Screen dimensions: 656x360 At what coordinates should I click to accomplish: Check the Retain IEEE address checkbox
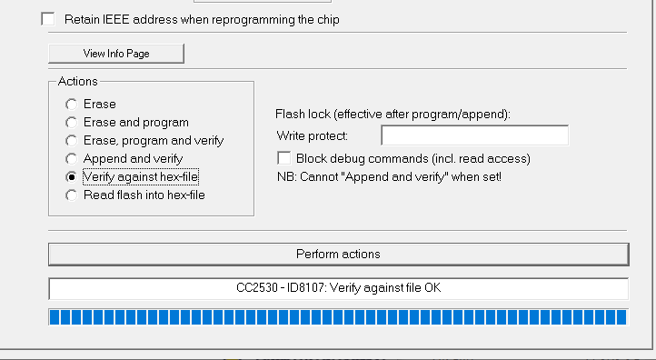point(48,19)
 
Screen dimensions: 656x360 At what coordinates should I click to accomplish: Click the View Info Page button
point(116,54)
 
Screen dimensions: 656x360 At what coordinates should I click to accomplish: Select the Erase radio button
point(71,105)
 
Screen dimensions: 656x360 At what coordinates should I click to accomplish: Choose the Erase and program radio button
point(71,123)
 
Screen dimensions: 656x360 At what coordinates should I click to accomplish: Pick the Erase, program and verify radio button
point(71,141)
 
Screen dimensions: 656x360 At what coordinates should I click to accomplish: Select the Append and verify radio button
point(71,159)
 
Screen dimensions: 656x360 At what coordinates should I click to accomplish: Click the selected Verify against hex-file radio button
point(71,176)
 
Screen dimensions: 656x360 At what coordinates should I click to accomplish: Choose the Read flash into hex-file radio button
point(71,195)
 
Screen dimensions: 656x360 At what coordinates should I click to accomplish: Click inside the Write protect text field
point(474,136)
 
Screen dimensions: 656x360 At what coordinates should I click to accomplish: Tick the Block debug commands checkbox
point(284,158)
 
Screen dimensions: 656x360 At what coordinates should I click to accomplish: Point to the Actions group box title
point(77,82)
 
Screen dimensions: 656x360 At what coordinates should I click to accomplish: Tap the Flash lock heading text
point(393,115)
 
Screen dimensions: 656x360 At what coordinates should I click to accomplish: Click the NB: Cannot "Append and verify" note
point(389,176)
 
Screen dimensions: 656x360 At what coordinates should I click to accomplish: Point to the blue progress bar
point(338,317)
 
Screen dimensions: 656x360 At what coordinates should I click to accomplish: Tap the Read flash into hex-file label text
point(144,195)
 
